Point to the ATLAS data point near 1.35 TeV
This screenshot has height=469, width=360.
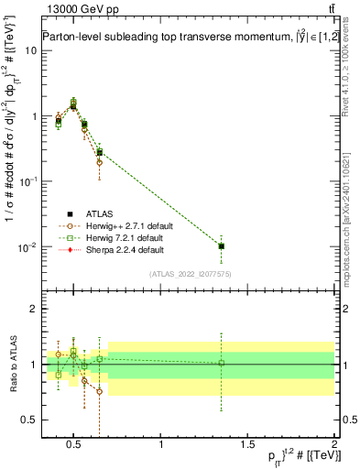(221, 245)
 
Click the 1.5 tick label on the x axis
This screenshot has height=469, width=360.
(247, 445)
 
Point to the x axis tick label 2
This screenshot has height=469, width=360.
(333, 445)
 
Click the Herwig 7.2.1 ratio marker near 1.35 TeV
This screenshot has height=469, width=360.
(221, 363)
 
